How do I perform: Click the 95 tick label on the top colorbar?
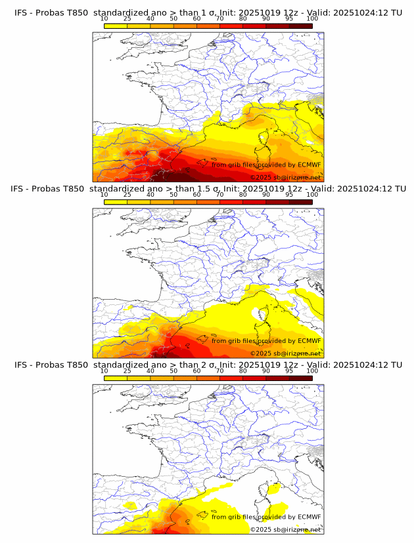(289, 18)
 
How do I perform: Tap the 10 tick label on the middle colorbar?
(104, 195)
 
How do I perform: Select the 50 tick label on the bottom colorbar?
(173, 371)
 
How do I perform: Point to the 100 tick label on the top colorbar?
(313, 18)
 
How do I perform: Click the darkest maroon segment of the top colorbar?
(301, 26)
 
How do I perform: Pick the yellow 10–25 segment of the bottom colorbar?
(116, 378)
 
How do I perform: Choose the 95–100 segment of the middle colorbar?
(301, 202)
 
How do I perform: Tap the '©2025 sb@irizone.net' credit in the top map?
(285, 178)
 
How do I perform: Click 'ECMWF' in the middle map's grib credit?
(310, 340)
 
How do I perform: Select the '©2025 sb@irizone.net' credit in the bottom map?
(285, 530)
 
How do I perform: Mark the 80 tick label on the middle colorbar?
(243, 195)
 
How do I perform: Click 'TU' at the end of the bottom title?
(396, 365)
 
